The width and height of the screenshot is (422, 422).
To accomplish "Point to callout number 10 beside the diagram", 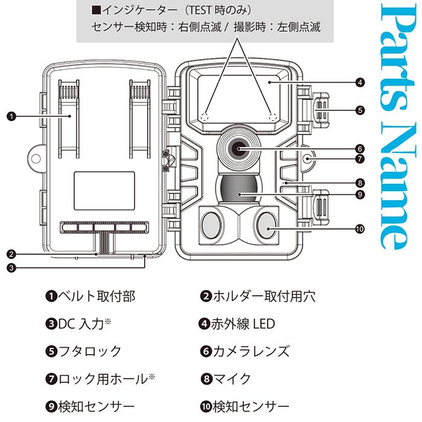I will (360, 228).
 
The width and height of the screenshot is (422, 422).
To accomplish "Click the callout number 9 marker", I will (359, 194).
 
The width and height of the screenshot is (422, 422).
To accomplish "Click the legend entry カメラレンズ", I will (250, 351).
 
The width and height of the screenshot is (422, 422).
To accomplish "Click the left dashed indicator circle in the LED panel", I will (205, 116).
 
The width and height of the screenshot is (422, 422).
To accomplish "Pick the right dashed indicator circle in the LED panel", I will (272, 116).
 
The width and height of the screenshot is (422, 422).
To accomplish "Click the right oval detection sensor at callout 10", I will (266, 225).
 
